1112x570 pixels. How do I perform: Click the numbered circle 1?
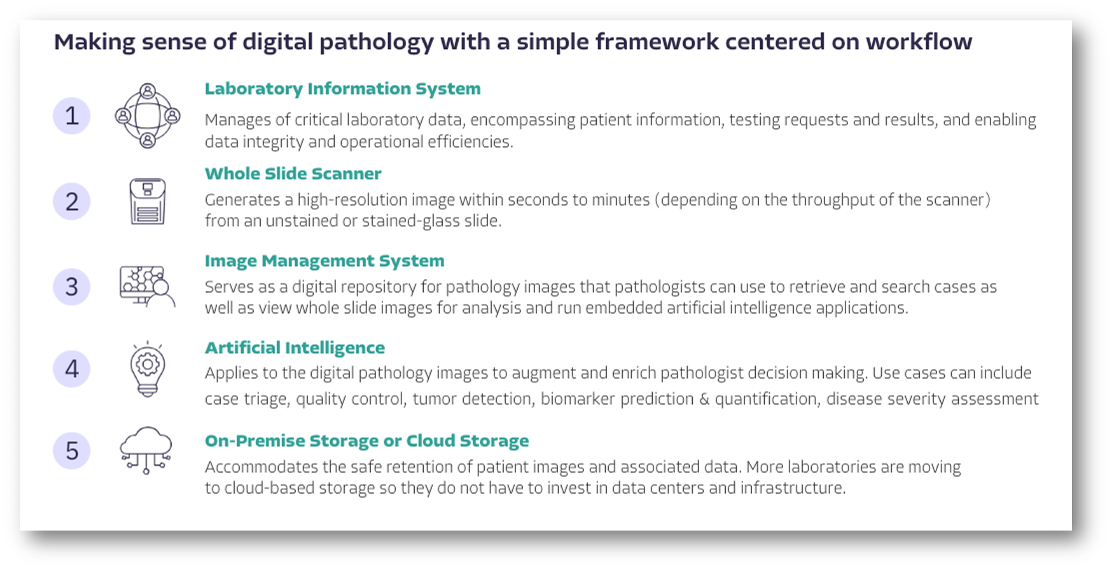71,116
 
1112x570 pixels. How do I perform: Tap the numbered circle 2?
71,202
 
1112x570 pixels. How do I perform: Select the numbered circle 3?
71,286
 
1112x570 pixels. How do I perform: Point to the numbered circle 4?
71,369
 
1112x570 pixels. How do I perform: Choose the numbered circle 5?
71,451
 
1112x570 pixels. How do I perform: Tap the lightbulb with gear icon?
148,368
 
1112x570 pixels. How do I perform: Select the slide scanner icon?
148,201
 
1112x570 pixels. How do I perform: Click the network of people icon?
148,116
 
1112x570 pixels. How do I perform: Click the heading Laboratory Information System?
342,89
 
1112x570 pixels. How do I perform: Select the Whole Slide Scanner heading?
293,174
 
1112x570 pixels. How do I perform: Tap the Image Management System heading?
324,261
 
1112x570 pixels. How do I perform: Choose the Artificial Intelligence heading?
295,348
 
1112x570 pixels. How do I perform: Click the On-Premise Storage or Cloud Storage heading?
366,441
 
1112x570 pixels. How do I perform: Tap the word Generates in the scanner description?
242,200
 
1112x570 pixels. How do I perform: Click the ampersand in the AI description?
704,399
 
